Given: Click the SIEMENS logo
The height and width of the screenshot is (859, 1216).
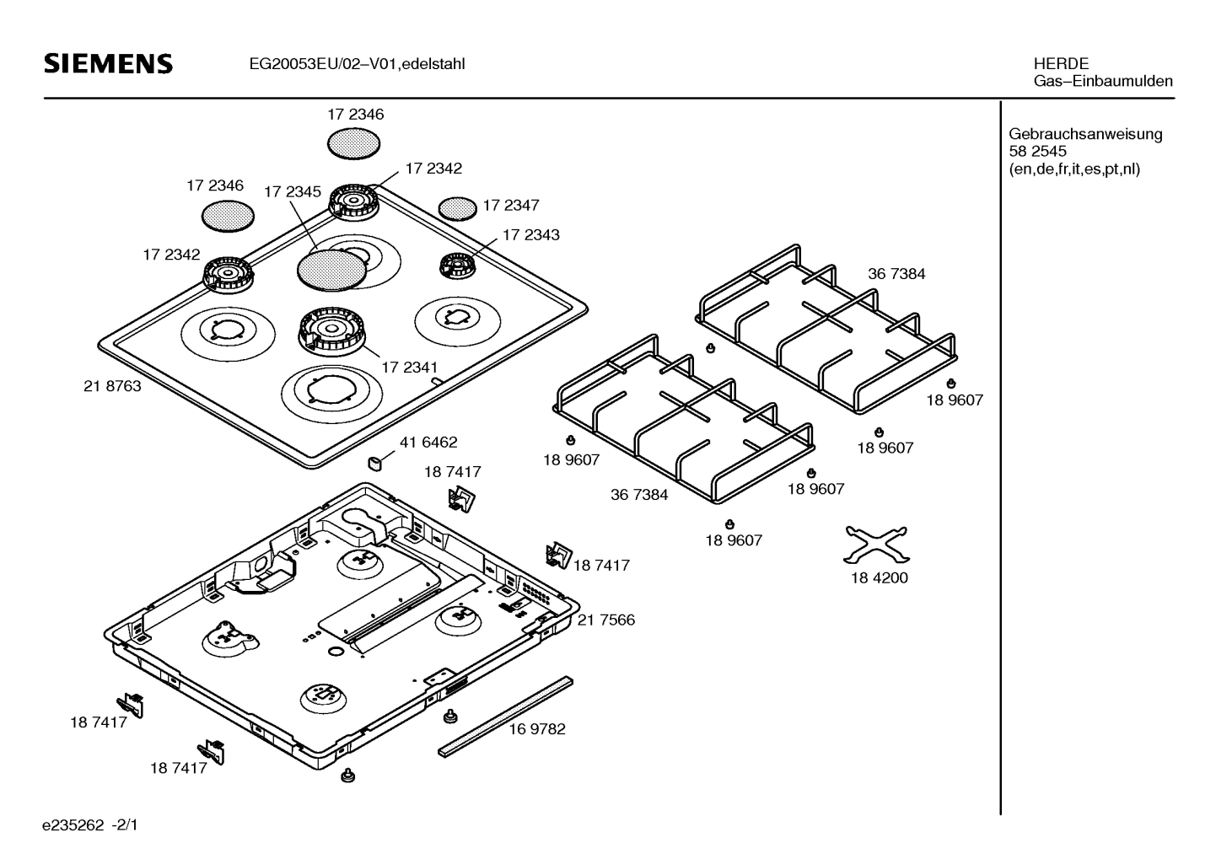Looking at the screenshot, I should coord(108,64).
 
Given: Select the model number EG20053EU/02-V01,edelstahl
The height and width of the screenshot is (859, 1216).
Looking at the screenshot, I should coord(357,64).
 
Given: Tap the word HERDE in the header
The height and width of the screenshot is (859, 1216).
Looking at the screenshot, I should coord(1060,63).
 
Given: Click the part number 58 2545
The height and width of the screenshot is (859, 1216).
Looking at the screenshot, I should coord(1037,152).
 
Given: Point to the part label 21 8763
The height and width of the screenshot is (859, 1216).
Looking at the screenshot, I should coord(113,386).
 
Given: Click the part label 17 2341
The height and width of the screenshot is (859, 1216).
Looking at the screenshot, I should coord(409,367).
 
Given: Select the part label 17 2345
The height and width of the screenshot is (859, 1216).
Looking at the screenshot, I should coord(292,191).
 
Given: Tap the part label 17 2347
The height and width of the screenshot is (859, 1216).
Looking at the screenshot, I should coord(511,205).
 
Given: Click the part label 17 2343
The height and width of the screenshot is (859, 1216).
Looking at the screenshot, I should coord(530,234).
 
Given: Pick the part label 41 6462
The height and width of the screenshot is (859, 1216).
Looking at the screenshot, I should coord(428,442).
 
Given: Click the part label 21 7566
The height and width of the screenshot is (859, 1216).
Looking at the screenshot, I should coord(605,620).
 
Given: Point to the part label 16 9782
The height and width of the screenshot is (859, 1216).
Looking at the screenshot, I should coord(536,728).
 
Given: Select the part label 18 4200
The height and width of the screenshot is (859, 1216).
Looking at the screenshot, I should coord(879,577).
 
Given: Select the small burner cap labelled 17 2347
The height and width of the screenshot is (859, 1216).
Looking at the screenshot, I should coord(458,207).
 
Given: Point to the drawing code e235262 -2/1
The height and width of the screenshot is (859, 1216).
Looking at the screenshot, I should coord(90,823).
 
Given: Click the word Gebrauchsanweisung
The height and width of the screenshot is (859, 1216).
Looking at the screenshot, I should coord(1085,134).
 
